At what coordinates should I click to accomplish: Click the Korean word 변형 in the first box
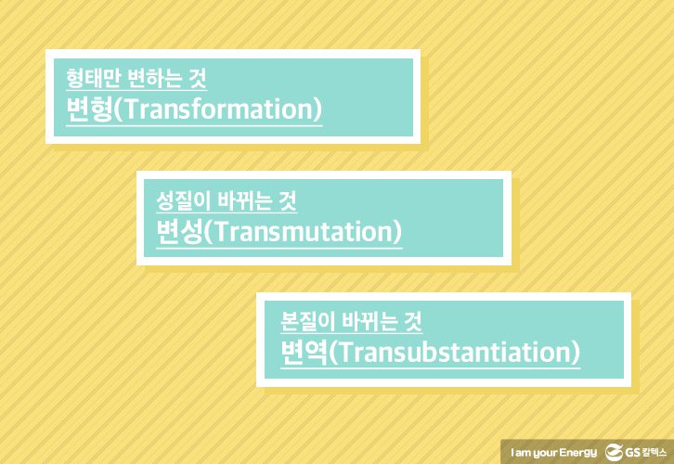click(x=89, y=110)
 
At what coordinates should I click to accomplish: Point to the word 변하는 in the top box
click(x=153, y=78)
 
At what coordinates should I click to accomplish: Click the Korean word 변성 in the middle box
click(x=179, y=232)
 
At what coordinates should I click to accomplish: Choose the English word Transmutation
click(x=302, y=232)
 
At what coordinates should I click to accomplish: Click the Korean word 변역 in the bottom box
click(x=304, y=353)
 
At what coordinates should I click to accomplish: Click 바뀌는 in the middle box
click(x=244, y=200)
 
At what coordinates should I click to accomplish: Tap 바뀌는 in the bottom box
click(x=369, y=321)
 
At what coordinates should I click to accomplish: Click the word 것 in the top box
click(x=198, y=78)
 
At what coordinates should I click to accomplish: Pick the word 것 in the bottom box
click(x=413, y=321)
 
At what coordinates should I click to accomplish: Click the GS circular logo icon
click(x=614, y=453)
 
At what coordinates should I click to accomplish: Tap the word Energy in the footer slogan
click(x=578, y=453)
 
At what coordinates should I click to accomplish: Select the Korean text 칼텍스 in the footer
click(x=655, y=452)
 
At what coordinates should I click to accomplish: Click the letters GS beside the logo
click(x=633, y=453)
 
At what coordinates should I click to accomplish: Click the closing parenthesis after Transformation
click(x=317, y=110)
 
